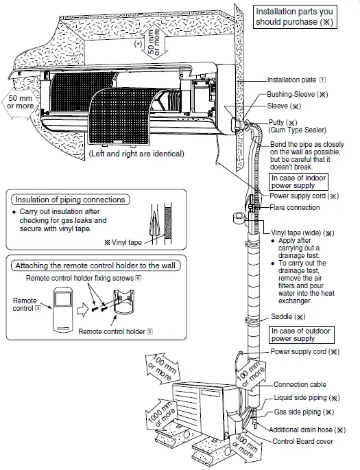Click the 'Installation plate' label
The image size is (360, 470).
pyautogui.click(x=295, y=80)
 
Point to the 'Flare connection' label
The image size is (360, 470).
pyautogui.click(x=294, y=207)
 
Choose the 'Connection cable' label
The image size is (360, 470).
pyautogui.click(x=300, y=385)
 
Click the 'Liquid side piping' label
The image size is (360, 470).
pyautogui.click(x=306, y=398)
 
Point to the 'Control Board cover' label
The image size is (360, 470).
pyautogui.click(x=302, y=441)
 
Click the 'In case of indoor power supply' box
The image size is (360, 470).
pyautogui.click(x=298, y=181)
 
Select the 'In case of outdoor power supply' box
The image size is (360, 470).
pyautogui.click(x=300, y=334)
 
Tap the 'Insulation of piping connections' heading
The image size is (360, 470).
pyautogui.click(x=70, y=200)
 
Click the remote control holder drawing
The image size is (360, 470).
pyautogui.click(x=125, y=305)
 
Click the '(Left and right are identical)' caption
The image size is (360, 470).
pyautogui.click(x=136, y=154)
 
